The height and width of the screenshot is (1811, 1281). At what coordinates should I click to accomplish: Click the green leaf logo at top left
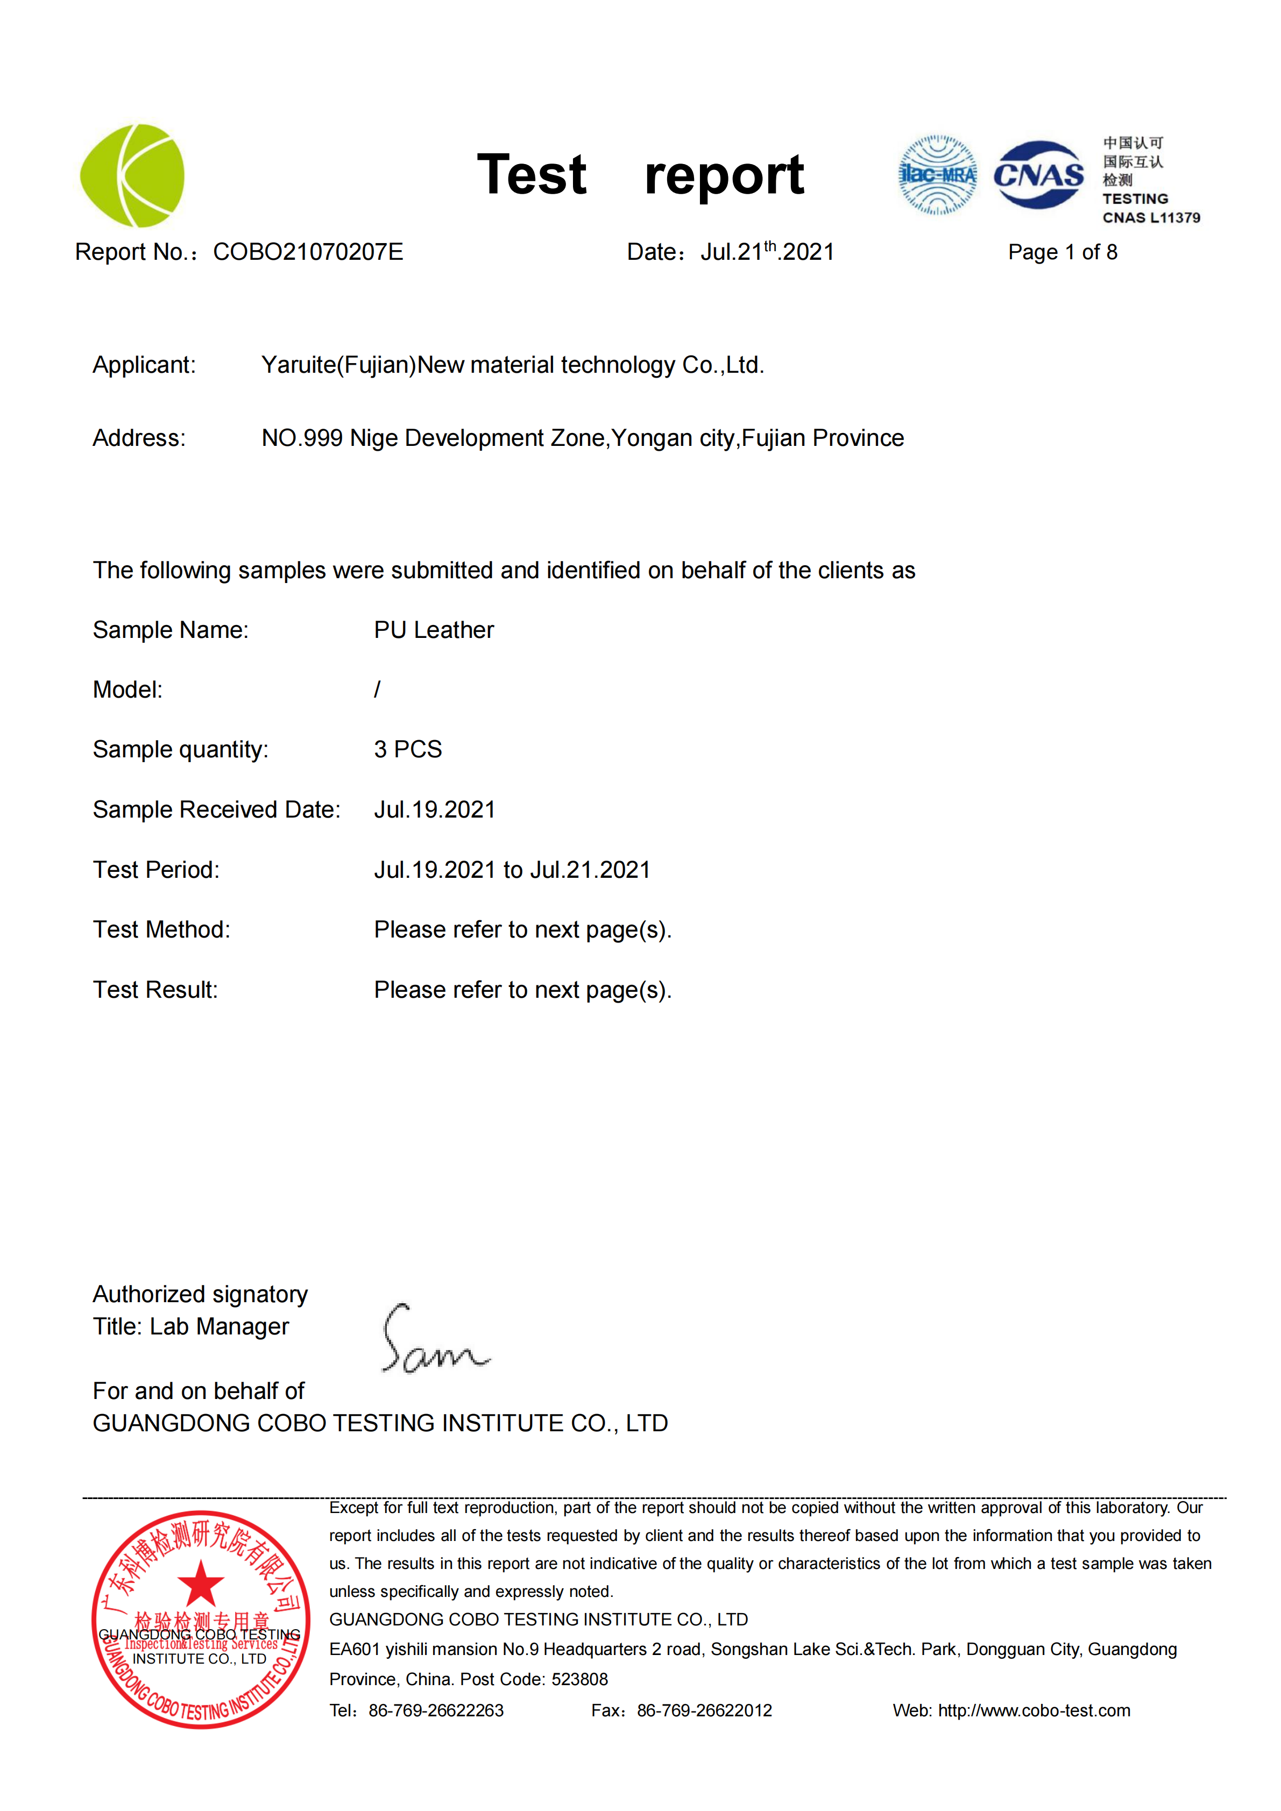point(132,175)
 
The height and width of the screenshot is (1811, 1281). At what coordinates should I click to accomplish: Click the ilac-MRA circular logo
point(937,175)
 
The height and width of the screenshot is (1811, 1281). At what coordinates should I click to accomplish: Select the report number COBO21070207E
point(308,252)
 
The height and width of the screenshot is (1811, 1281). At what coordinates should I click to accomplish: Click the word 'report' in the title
point(724,175)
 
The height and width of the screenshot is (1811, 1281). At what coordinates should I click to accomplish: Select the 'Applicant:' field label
point(144,365)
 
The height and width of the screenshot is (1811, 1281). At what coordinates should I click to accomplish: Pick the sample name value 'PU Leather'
point(434,630)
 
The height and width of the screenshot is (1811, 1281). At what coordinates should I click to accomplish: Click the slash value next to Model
point(377,690)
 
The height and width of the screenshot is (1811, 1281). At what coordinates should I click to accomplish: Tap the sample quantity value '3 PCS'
point(408,749)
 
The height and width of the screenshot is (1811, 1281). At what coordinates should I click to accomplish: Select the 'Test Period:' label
point(156,870)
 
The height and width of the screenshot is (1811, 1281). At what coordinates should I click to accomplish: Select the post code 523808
point(580,1679)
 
